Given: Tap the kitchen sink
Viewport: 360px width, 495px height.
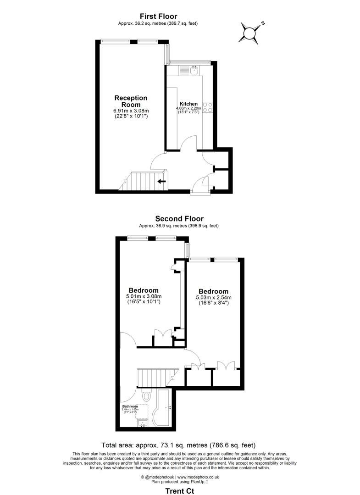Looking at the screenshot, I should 194,70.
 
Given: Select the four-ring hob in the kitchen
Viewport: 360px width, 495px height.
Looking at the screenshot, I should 208,107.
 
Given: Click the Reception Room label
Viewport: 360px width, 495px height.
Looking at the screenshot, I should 131,101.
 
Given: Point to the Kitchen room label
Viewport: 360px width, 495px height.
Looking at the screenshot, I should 188,103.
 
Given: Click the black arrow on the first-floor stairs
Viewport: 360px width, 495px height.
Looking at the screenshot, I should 161,181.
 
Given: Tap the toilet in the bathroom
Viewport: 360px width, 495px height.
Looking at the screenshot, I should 147,395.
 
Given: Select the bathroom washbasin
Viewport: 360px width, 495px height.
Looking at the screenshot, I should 143,423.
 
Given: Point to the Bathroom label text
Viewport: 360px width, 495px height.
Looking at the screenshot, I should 130,406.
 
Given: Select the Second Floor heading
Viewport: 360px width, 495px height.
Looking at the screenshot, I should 179,219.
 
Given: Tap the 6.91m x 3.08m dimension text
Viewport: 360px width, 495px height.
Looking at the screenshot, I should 131,111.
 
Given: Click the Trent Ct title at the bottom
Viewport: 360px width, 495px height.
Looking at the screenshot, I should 179,490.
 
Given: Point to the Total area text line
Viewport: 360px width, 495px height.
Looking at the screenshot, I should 178,445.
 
